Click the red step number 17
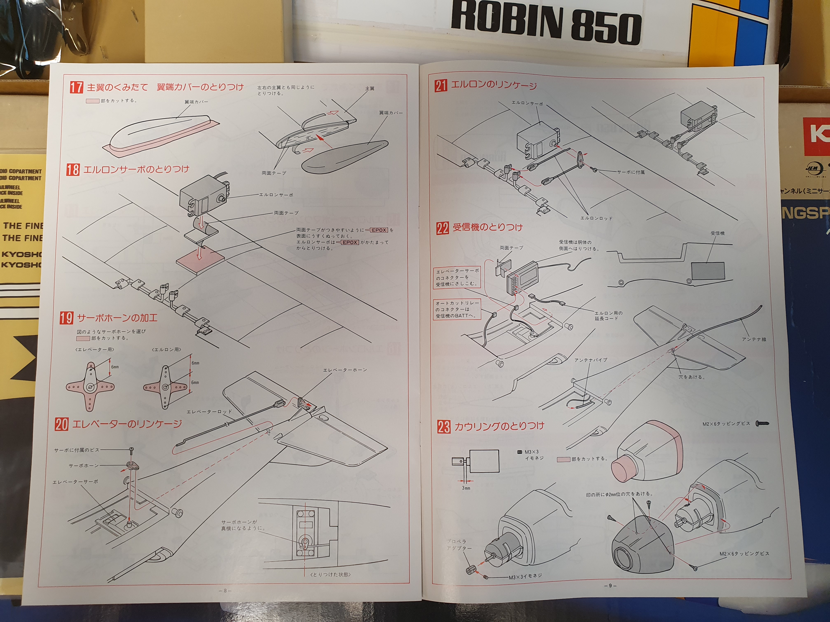click(x=76, y=87)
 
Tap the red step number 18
click(x=73, y=169)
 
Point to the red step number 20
click(x=62, y=424)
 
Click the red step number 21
click(x=441, y=86)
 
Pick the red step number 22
click(x=442, y=227)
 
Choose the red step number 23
click(x=444, y=427)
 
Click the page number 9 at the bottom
click(x=610, y=585)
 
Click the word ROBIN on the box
click(x=507, y=21)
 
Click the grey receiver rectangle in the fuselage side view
click(x=708, y=270)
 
